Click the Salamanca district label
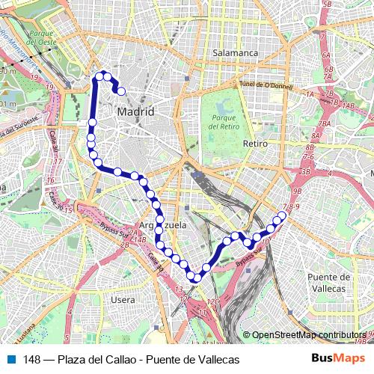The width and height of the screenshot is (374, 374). [235, 54]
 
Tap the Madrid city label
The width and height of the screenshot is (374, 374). [135, 111]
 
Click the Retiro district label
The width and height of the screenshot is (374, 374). [255, 143]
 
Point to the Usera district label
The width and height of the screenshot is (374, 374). [123, 299]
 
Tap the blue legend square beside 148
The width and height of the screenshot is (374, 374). [12, 360]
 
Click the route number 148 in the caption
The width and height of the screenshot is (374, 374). [32, 360]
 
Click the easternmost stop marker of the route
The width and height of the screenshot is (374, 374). [282, 216]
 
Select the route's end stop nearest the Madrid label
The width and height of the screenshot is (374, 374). [121, 91]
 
